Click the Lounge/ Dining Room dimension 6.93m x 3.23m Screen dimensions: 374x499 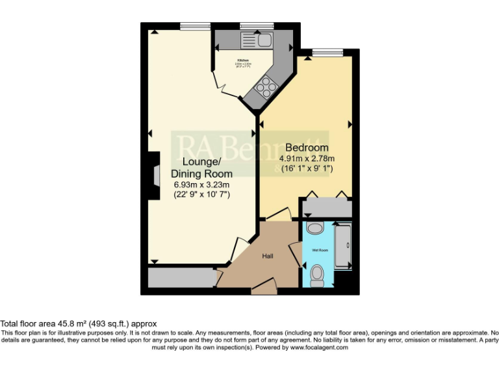[x=201, y=184]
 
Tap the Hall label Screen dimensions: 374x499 [x=267, y=256]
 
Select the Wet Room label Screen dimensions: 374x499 [x=319, y=250]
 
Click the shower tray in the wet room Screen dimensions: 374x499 [x=342, y=247]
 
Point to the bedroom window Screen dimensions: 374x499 [x=327, y=52]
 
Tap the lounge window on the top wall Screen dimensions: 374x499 [x=194, y=26]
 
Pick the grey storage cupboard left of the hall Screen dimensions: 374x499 [x=181, y=278]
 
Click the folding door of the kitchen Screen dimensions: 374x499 [x=221, y=82]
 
